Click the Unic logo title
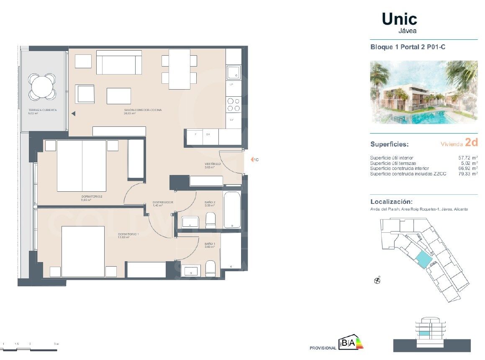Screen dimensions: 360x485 coord(399,19)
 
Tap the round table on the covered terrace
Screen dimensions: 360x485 coord(42,86)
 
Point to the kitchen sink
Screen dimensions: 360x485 coord(233,72)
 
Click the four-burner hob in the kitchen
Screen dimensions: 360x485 coord(234,104)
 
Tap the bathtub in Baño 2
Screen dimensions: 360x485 coord(231,210)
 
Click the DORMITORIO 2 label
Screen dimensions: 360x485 coord(92,196)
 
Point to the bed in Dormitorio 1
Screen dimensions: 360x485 coord(83,251)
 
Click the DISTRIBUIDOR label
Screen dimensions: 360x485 coord(163,202)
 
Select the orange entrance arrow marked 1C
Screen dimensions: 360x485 coord(252,159)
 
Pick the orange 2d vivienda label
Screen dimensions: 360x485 coord(471,143)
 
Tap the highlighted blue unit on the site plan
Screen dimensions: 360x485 coord(423,260)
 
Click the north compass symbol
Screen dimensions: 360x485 coord(377,280)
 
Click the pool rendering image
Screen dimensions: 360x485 coord(423,92)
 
